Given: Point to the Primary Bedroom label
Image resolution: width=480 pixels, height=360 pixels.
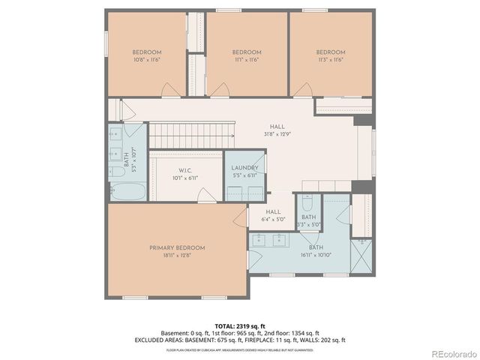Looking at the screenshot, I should click(177, 247).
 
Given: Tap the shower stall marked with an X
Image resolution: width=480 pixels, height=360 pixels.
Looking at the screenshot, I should click(361, 255).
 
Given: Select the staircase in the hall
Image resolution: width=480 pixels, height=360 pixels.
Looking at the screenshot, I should click(192, 136).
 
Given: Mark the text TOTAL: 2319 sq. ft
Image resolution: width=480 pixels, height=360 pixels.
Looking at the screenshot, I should click(241, 325).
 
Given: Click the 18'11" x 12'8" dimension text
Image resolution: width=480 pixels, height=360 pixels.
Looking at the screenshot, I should click(177, 256).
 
